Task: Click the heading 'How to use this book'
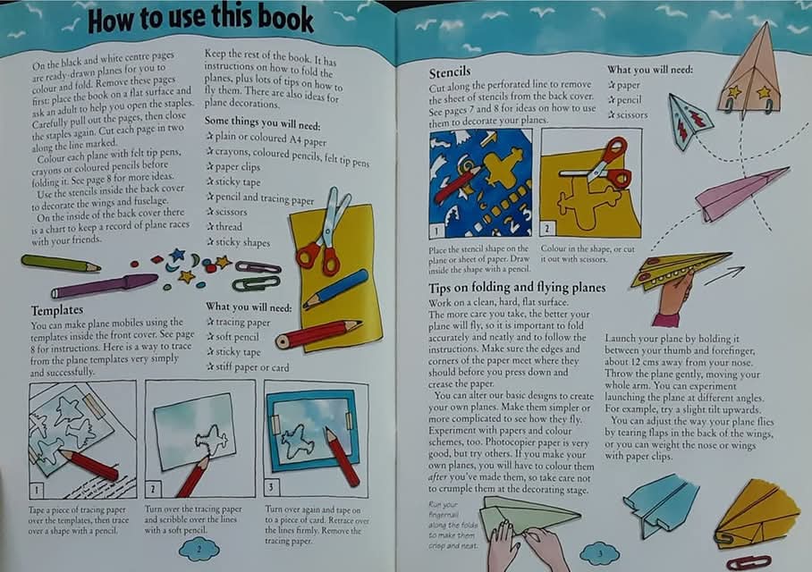click(x=200, y=19)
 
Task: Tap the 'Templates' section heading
click(x=57, y=308)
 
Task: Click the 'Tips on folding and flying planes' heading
click(x=517, y=288)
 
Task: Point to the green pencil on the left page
click(x=61, y=264)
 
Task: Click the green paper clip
click(x=256, y=283)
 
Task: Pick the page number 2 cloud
click(x=199, y=548)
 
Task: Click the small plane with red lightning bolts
click(x=690, y=119)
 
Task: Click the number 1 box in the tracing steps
click(x=37, y=490)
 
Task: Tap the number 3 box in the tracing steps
click(x=272, y=488)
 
